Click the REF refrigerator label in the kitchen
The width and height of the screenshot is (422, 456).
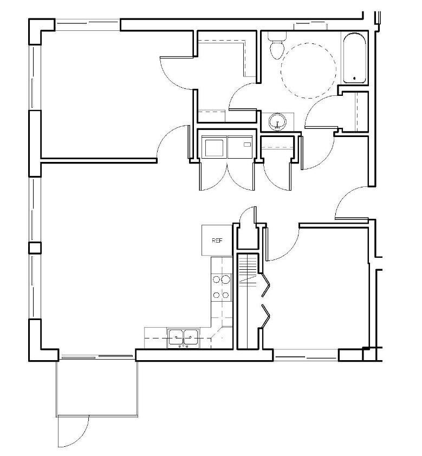pos(217,240)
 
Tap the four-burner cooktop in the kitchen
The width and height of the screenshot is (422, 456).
pos(221,286)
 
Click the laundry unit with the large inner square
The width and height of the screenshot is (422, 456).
pos(213,146)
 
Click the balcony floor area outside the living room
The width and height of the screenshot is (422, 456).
pos(98,387)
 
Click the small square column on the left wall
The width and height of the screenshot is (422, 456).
pos(35,248)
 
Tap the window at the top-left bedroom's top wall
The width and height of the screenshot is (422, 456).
pos(87,24)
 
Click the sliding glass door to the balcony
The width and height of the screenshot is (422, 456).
pos(98,356)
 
